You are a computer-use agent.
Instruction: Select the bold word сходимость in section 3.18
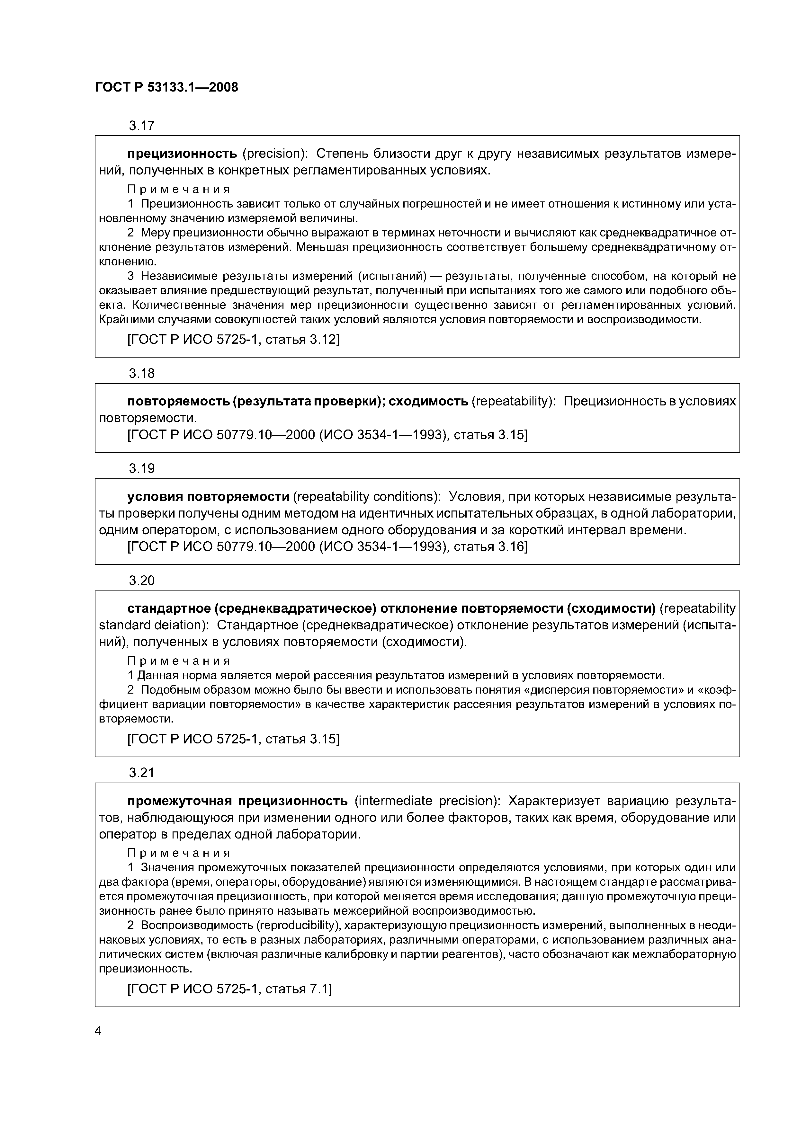pyautogui.click(x=429, y=402)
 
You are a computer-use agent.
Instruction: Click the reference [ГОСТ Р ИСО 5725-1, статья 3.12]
pyautogui.click(x=233, y=339)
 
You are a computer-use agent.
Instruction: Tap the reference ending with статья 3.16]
pyautogui.click(x=327, y=546)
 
